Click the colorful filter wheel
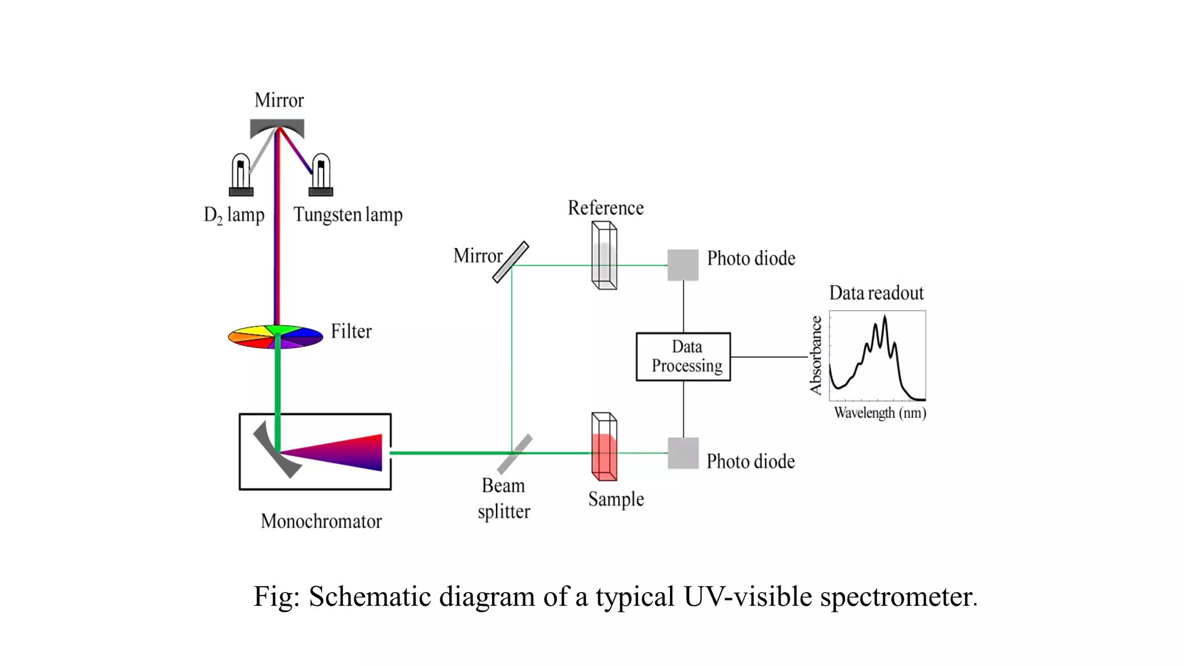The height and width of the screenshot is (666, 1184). coord(275,336)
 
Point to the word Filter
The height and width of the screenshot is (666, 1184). coord(351,331)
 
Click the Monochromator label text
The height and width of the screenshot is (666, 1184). coord(321,521)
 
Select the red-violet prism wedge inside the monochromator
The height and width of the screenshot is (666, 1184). coord(341,452)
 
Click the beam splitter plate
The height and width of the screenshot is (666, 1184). coord(515,454)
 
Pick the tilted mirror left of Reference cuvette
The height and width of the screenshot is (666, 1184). coord(510,262)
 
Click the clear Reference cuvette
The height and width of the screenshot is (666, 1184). coord(604,256)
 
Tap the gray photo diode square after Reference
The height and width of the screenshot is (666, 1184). coord(683,265)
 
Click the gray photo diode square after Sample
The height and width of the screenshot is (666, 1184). coord(683,453)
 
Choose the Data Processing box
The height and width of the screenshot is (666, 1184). coord(683,357)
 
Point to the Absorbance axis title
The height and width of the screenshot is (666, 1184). coord(816,355)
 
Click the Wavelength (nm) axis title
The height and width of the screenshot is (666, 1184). coord(880,413)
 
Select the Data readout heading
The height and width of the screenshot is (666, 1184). coord(876,293)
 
